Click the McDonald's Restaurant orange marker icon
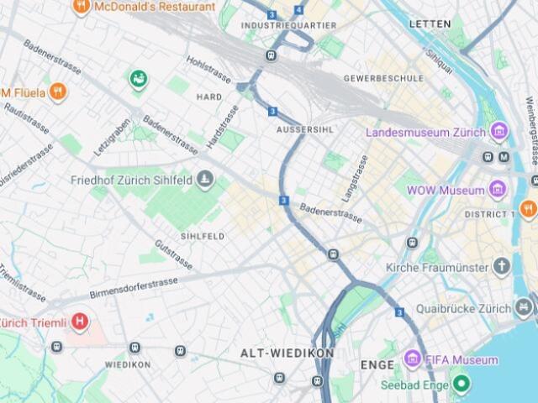point(82,7)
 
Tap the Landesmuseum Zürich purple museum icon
point(499,132)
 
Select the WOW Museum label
point(446,191)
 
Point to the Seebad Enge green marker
point(460,385)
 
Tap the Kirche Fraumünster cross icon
point(502,268)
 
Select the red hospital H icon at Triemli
point(80,321)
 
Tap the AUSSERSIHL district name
point(305,130)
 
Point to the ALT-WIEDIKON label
point(287,353)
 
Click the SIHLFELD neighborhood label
point(203,237)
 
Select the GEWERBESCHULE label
point(383,78)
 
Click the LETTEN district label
point(430,24)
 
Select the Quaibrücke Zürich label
point(451,308)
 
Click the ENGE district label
point(377,365)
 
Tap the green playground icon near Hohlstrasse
point(138,80)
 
